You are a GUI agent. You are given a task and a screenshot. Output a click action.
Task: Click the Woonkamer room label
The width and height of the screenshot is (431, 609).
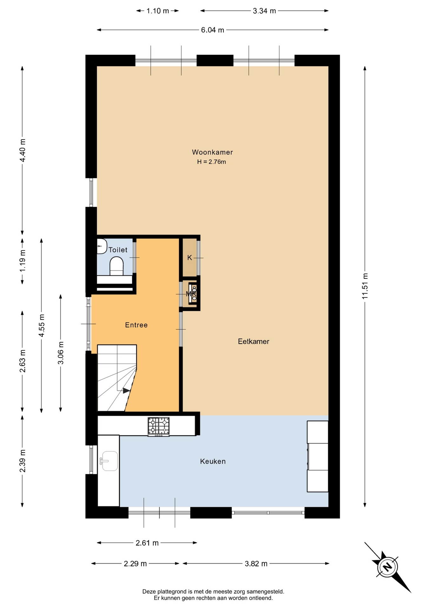tap(212, 152)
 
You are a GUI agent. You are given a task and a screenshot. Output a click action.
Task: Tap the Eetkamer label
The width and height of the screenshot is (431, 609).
tap(254, 341)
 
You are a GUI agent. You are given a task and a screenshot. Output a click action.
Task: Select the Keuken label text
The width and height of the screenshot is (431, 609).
tap(213, 461)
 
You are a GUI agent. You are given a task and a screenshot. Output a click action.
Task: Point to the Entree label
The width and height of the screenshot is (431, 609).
tap(136, 325)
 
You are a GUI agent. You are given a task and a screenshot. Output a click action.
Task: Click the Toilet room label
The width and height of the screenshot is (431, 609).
tap(118, 250)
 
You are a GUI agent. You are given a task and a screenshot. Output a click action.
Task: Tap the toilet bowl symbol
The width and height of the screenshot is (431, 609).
tap(116, 266)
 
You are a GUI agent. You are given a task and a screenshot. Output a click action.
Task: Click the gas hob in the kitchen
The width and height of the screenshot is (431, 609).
tap(159, 426)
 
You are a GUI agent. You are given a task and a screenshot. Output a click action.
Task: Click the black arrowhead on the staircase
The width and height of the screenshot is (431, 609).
tap(126, 391)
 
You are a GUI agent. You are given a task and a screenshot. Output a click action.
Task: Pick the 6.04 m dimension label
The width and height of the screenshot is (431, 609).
tap(212, 30)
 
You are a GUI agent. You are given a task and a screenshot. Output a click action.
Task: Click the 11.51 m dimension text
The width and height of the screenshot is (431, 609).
tap(365, 286)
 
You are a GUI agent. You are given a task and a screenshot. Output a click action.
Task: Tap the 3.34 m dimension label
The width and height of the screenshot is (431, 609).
tap(264, 11)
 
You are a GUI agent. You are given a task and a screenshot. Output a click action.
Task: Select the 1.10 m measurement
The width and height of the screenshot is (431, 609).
tap(157, 11)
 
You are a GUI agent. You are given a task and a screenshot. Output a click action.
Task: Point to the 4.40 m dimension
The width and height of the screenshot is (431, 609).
tap(23, 150)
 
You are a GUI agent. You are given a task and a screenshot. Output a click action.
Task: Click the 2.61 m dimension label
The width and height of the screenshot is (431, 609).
tap(147, 543)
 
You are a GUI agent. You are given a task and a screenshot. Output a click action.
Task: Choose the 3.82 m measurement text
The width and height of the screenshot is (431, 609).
tap(256, 563)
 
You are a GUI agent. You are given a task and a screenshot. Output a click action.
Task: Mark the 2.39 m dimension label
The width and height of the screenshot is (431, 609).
tap(23, 461)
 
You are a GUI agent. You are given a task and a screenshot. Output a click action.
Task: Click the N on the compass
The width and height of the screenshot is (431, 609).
tap(387, 566)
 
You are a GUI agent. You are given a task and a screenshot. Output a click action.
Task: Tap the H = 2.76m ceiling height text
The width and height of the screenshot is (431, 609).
tap(211, 162)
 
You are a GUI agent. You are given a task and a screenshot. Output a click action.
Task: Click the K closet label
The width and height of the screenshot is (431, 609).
tap(189, 258)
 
